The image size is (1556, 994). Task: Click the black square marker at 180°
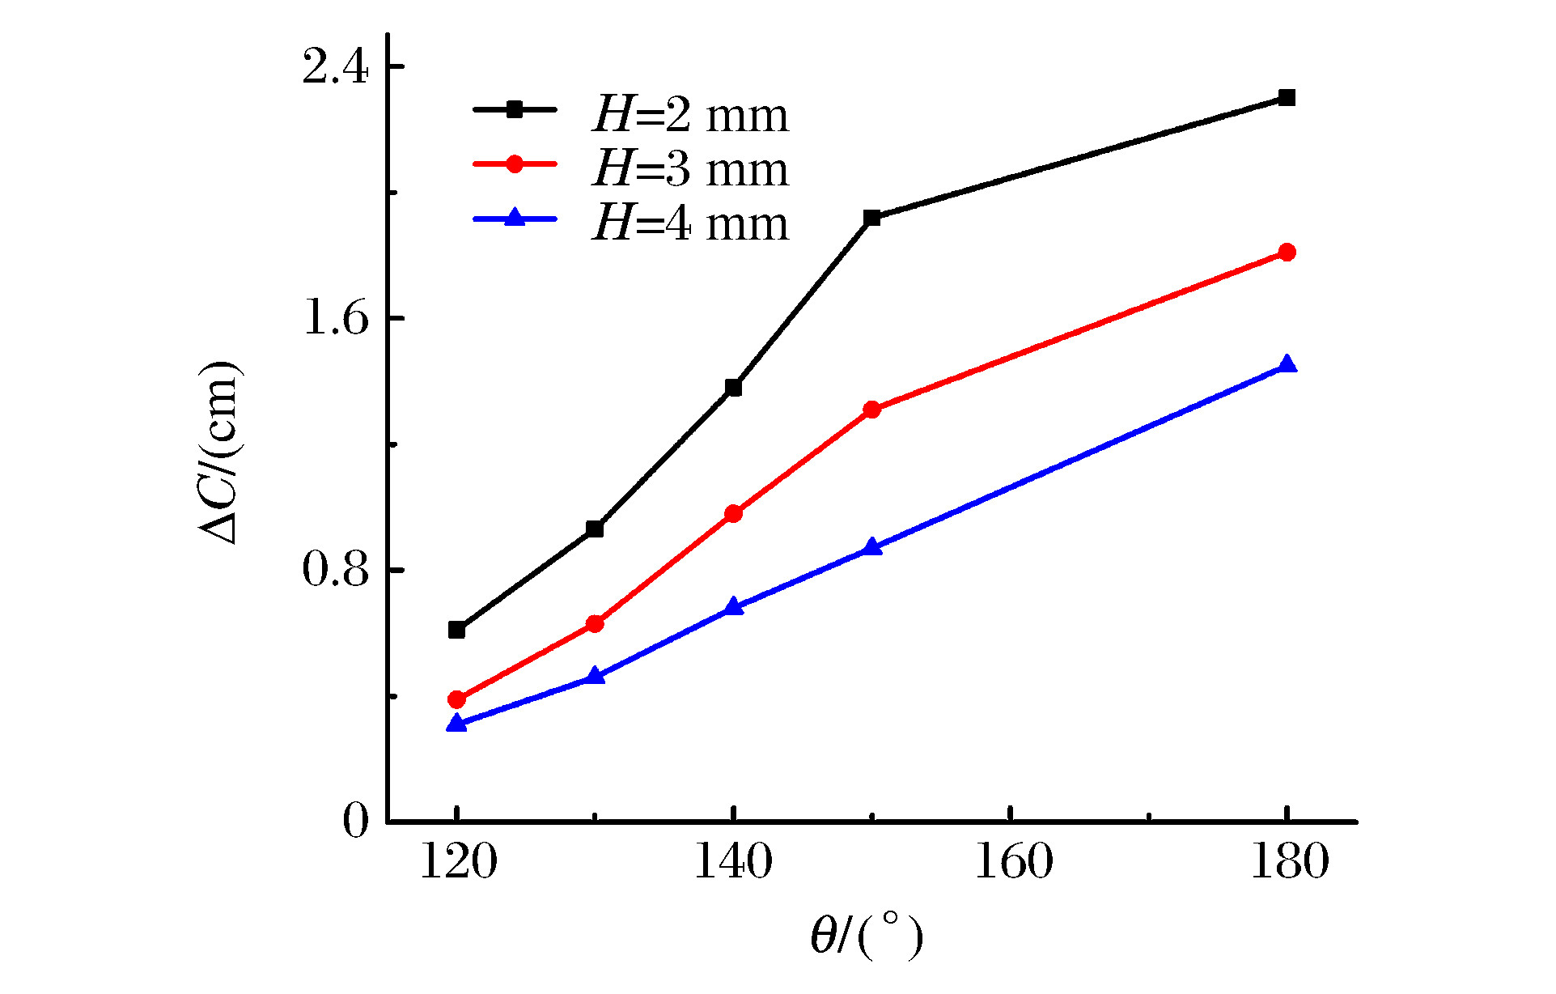tap(1287, 98)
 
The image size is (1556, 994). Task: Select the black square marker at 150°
tap(871, 218)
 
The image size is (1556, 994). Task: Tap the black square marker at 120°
tap(456, 630)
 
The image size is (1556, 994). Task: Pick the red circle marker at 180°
tap(1287, 253)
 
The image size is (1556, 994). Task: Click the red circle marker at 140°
tap(733, 514)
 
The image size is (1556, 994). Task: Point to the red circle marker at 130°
tap(595, 624)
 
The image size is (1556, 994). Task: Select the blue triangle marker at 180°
tap(1287, 365)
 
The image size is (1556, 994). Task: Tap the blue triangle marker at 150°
tap(871, 547)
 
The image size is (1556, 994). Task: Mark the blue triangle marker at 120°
tap(456, 723)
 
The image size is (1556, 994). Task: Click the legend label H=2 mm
tap(690, 115)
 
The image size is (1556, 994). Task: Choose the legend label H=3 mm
tap(690, 169)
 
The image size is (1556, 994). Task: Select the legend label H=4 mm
tap(690, 223)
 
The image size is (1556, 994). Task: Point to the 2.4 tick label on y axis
tap(335, 68)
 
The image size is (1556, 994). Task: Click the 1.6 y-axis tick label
tap(335, 319)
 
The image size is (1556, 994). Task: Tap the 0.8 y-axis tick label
tap(335, 570)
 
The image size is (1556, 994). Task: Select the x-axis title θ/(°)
tap(867, 936)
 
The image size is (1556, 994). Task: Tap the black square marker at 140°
tap(733, 388)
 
